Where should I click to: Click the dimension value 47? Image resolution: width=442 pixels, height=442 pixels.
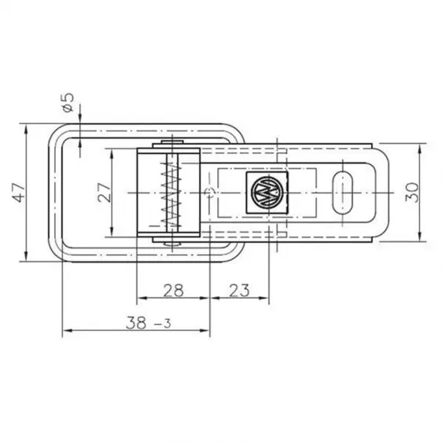coord(18,191)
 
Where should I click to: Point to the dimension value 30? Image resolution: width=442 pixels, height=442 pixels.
coord(412,191)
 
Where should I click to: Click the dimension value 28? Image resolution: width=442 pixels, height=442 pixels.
coord(173,290)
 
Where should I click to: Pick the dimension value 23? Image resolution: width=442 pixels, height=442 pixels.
coord(240,290)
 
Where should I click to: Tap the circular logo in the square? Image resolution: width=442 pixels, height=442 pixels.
coord(267,192)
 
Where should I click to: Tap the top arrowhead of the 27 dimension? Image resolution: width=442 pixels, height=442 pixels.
coord(115,154)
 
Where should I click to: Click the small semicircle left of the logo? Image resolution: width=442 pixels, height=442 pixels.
coord(207,192)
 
